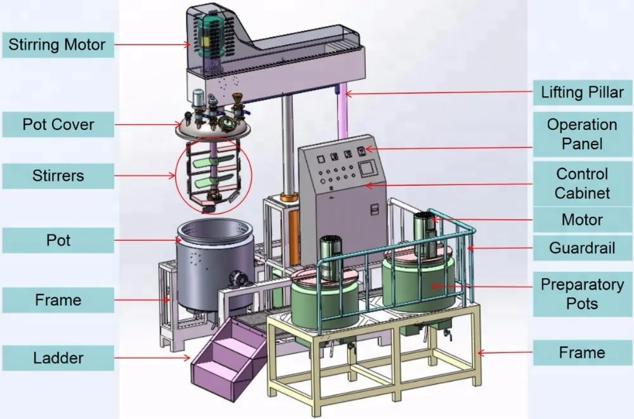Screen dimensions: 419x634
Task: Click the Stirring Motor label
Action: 58,45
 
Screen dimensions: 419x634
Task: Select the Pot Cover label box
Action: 58,124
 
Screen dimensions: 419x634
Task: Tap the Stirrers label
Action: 58,176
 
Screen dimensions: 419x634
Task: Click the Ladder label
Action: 58,358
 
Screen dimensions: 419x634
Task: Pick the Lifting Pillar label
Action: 582,93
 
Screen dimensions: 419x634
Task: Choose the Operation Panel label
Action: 582,134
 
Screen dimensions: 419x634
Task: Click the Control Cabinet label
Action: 582,183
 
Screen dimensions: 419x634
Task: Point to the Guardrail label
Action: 582,248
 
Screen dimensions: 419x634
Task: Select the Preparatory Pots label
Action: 582,294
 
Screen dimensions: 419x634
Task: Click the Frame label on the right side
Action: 582,352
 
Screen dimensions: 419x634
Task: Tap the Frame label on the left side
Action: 58,300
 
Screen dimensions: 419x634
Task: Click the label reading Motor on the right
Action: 582,220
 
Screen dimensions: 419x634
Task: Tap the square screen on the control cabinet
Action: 368,169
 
